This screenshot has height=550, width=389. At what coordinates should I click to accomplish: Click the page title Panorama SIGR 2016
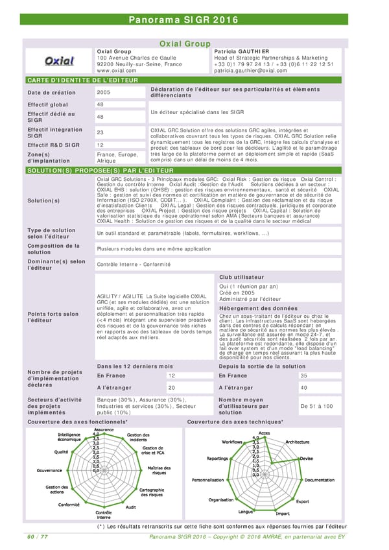click(x=194, y=19)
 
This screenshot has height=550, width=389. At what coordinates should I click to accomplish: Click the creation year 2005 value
click(x=103, y=92)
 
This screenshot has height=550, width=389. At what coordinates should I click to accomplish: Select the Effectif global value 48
click(x=100, y=104)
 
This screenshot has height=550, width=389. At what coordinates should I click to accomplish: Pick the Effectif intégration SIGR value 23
click(x=100, y=132)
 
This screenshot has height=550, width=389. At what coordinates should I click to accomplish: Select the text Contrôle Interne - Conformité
click(x=133, y=264)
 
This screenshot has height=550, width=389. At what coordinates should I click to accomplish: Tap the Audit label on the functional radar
click(x=130, y=507)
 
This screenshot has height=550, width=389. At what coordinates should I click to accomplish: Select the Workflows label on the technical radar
click(x=232, y=442)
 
